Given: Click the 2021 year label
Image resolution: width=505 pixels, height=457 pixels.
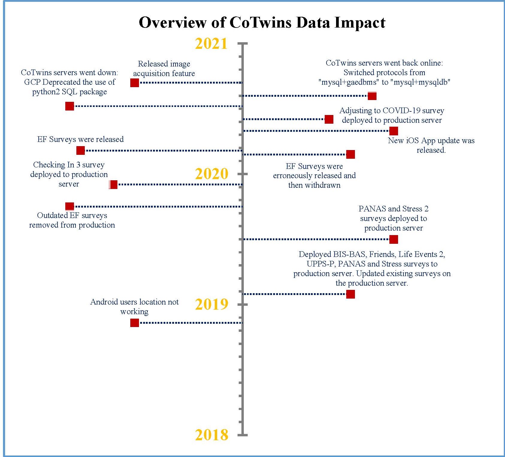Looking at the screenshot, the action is coord(211,44).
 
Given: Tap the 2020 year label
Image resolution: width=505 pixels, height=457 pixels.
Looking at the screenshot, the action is coord(211,174).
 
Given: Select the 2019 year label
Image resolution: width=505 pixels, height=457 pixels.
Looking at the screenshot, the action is coord(211,305).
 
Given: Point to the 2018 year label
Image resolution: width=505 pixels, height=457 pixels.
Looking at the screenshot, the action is coord(211,435).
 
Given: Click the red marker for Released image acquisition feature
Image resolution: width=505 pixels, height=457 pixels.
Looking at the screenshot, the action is coord(134,83).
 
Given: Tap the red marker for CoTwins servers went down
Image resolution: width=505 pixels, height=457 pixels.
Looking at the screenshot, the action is coord(69,106).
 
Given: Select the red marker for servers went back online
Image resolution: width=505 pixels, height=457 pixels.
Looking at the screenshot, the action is coord(372,96).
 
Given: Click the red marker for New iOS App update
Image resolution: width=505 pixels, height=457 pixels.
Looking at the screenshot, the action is coord(394,131).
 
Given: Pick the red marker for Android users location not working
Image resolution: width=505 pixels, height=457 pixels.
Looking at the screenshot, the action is coord(134,323).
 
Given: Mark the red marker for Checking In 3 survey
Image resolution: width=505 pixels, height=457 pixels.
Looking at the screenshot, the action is coord(113,184).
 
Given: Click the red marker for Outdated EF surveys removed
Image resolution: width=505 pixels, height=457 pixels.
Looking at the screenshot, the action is coord(69,206).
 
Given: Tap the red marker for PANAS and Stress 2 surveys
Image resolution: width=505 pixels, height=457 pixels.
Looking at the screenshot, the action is coord(394,239).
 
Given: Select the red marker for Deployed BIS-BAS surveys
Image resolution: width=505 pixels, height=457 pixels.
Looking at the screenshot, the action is coord(350,294).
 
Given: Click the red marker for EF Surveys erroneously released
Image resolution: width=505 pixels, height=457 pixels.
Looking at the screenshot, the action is coord(350,154).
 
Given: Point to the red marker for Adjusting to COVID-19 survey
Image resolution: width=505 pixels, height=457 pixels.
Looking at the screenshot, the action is coord(329,119).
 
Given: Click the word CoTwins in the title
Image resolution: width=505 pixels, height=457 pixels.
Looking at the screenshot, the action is coord(260,22).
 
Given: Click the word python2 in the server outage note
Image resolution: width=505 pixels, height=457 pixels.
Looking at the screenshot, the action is coord(46,92).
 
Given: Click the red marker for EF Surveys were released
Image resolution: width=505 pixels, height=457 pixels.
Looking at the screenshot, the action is coord(80,150).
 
